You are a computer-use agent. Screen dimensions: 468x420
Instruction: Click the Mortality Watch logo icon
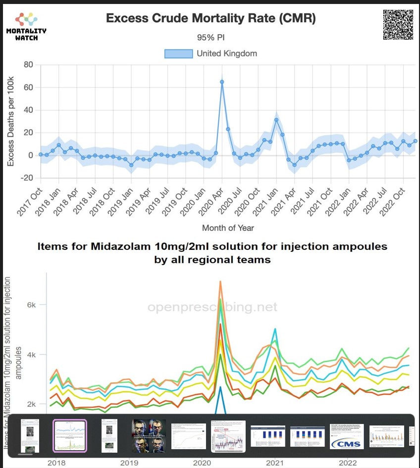click(x=26, y=19)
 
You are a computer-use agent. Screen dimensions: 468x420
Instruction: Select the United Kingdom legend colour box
click(x=178, y=53)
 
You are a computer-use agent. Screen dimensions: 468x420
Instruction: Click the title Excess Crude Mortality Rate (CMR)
click(x=210, y=19)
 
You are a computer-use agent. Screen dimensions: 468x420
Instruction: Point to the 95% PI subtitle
click(x=211, y=37)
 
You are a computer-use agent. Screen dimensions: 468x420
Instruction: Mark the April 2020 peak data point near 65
click(x=222, y=82)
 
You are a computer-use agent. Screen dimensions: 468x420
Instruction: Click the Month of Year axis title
click(x=228, y=228)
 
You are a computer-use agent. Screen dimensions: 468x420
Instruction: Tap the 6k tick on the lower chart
click(x=31, y=305)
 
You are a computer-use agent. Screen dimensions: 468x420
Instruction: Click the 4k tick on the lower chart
click(x=31, y=355)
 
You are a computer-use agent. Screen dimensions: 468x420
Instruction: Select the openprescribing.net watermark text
click(x=212, y=307)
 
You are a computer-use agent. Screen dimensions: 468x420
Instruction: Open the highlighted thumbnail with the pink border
click(x=70, y=436)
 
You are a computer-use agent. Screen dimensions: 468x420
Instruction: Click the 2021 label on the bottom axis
click(x=274, y=463)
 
